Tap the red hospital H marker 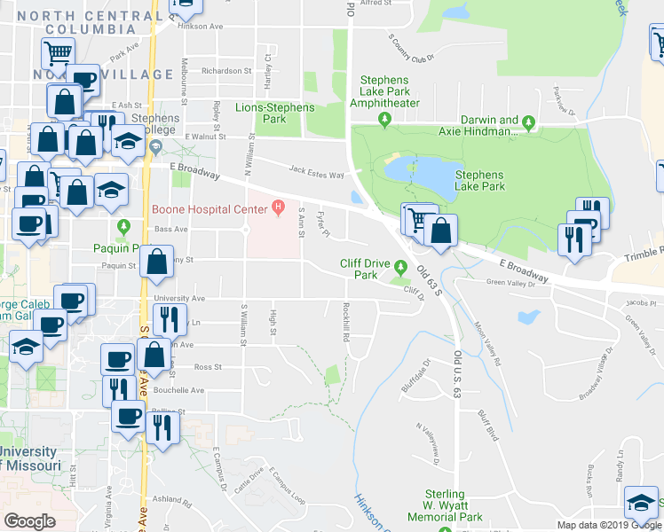(x=278, y=209)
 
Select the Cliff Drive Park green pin (x=401, y=267)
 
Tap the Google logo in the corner (x=30, y=520)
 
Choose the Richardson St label (x=226, y=71)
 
